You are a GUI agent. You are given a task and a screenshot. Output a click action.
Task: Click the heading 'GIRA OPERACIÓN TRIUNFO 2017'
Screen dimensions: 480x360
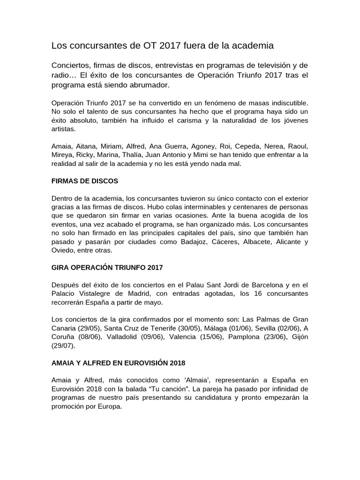[107, 268]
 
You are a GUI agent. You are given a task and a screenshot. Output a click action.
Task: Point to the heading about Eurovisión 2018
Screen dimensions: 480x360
[118, 363]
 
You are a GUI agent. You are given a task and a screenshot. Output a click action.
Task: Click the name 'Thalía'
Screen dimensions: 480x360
[133, 155]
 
